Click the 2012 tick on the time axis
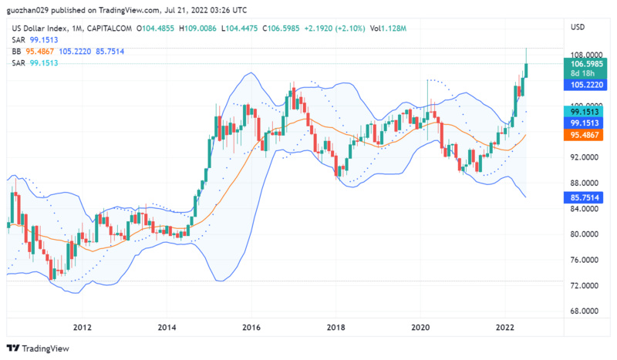point(83,327)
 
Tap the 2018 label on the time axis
point(335,327)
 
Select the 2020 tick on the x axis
point(420,327)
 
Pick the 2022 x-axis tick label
point(504,327)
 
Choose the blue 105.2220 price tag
point(585,84)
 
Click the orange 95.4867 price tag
point(585,134)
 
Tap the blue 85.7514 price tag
point(585,197)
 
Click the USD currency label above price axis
point(577,27)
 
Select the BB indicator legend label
point(16,51)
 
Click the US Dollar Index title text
point(39,29)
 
